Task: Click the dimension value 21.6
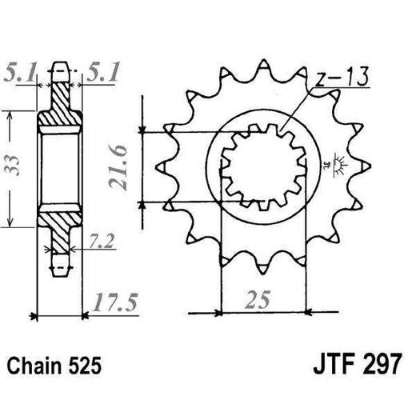pyautogui.click(x=118, y=167)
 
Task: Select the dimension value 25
pyautogui.click(x=258, y=299)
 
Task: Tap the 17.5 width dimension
pyautogui.click(x=115, y=302)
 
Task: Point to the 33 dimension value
pyautogui.click(x=13, y=166)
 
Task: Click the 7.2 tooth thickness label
pyautogui.click(x=102, y=241)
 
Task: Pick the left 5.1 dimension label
pyautogui.click(x=20, y=71)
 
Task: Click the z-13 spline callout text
pyautogui.click(x=342, y=76)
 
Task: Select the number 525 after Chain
pyautogui.click(x=85, y=366)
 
